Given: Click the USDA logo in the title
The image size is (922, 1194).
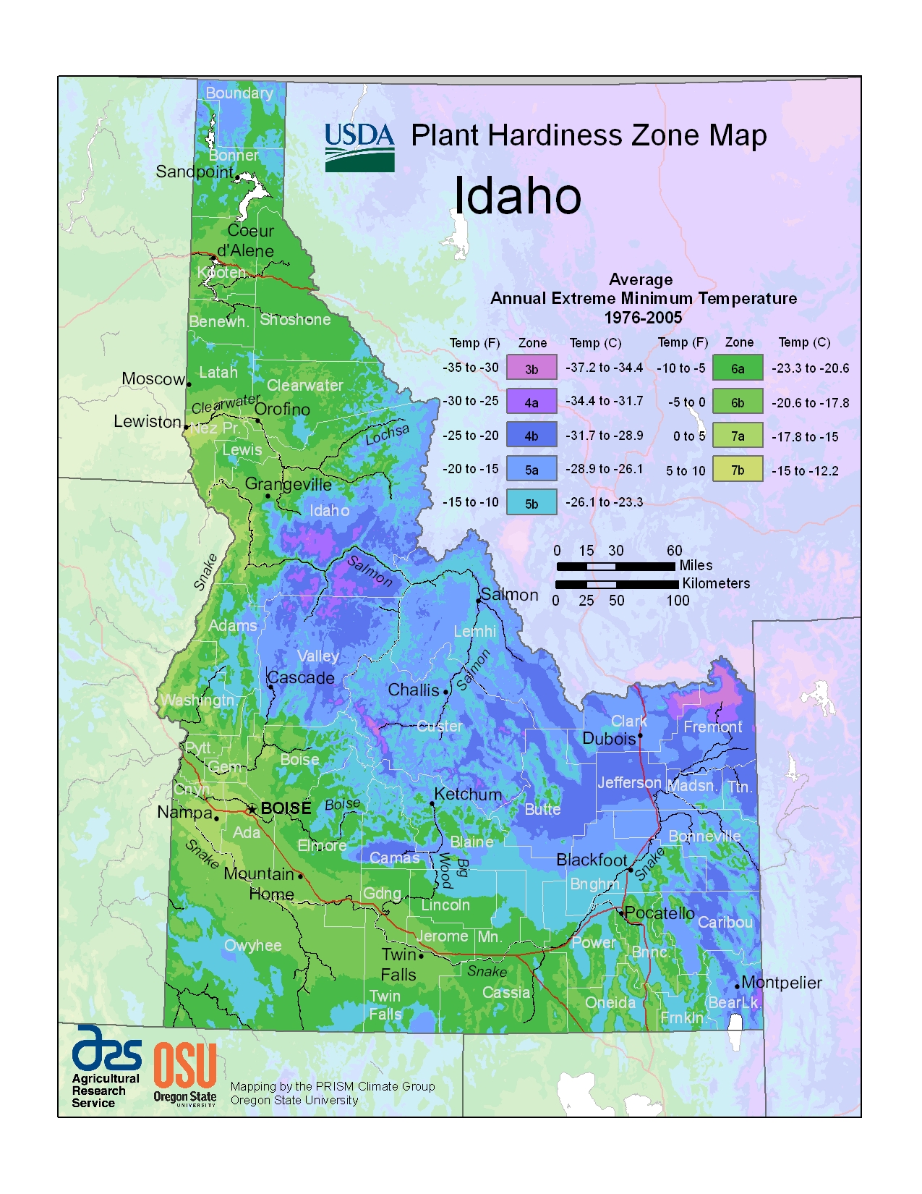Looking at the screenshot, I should pyautogui.click(x=359, y=147).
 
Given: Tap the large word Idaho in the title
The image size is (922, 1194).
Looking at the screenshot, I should pyautogui.click(x=517, y=195).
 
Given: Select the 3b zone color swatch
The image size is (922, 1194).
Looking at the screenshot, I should pyautogui.click(x=532, y=368).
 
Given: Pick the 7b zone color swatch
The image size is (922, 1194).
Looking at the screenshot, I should pyautogui.click(x=738, y=470).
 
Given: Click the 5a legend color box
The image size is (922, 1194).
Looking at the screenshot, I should pyautogui.click(x=532, y=469).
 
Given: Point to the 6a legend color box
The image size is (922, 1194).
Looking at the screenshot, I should pyautogui.click(x=738, y=368).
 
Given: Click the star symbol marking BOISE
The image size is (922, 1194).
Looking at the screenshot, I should pyautogui.click(x=252, y=809).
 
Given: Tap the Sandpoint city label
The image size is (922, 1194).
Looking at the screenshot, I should pyautogui.click(x=195, y=172).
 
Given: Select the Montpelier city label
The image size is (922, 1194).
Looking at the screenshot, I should pyautogui.click(x=782, y=982).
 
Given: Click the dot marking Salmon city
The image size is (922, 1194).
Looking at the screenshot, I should pyautogui.click(x=479, y=601).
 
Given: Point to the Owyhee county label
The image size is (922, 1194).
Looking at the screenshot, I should pyautogui.click(x=252, y=945).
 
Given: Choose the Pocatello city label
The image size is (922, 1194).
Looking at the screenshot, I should pyautogui.click(x=659, y=913).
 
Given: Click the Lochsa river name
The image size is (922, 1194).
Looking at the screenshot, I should pyautogui.click(x=387, y=434).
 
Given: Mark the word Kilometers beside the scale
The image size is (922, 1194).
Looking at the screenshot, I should pyautogui.click(x=716, y=583).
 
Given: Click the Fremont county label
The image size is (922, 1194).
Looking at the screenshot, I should pyautogui.click(x=713, y=727).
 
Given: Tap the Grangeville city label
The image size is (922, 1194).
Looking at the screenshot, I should pyautogui.click(x=288, y=484).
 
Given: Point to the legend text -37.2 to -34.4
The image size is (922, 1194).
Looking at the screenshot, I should pyautogui.click(x=604, y=368).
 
